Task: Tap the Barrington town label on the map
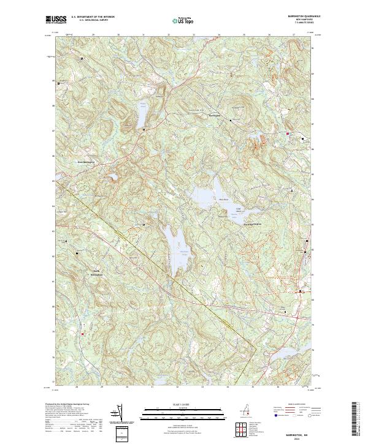(213, 115)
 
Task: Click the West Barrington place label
(88, 162)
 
